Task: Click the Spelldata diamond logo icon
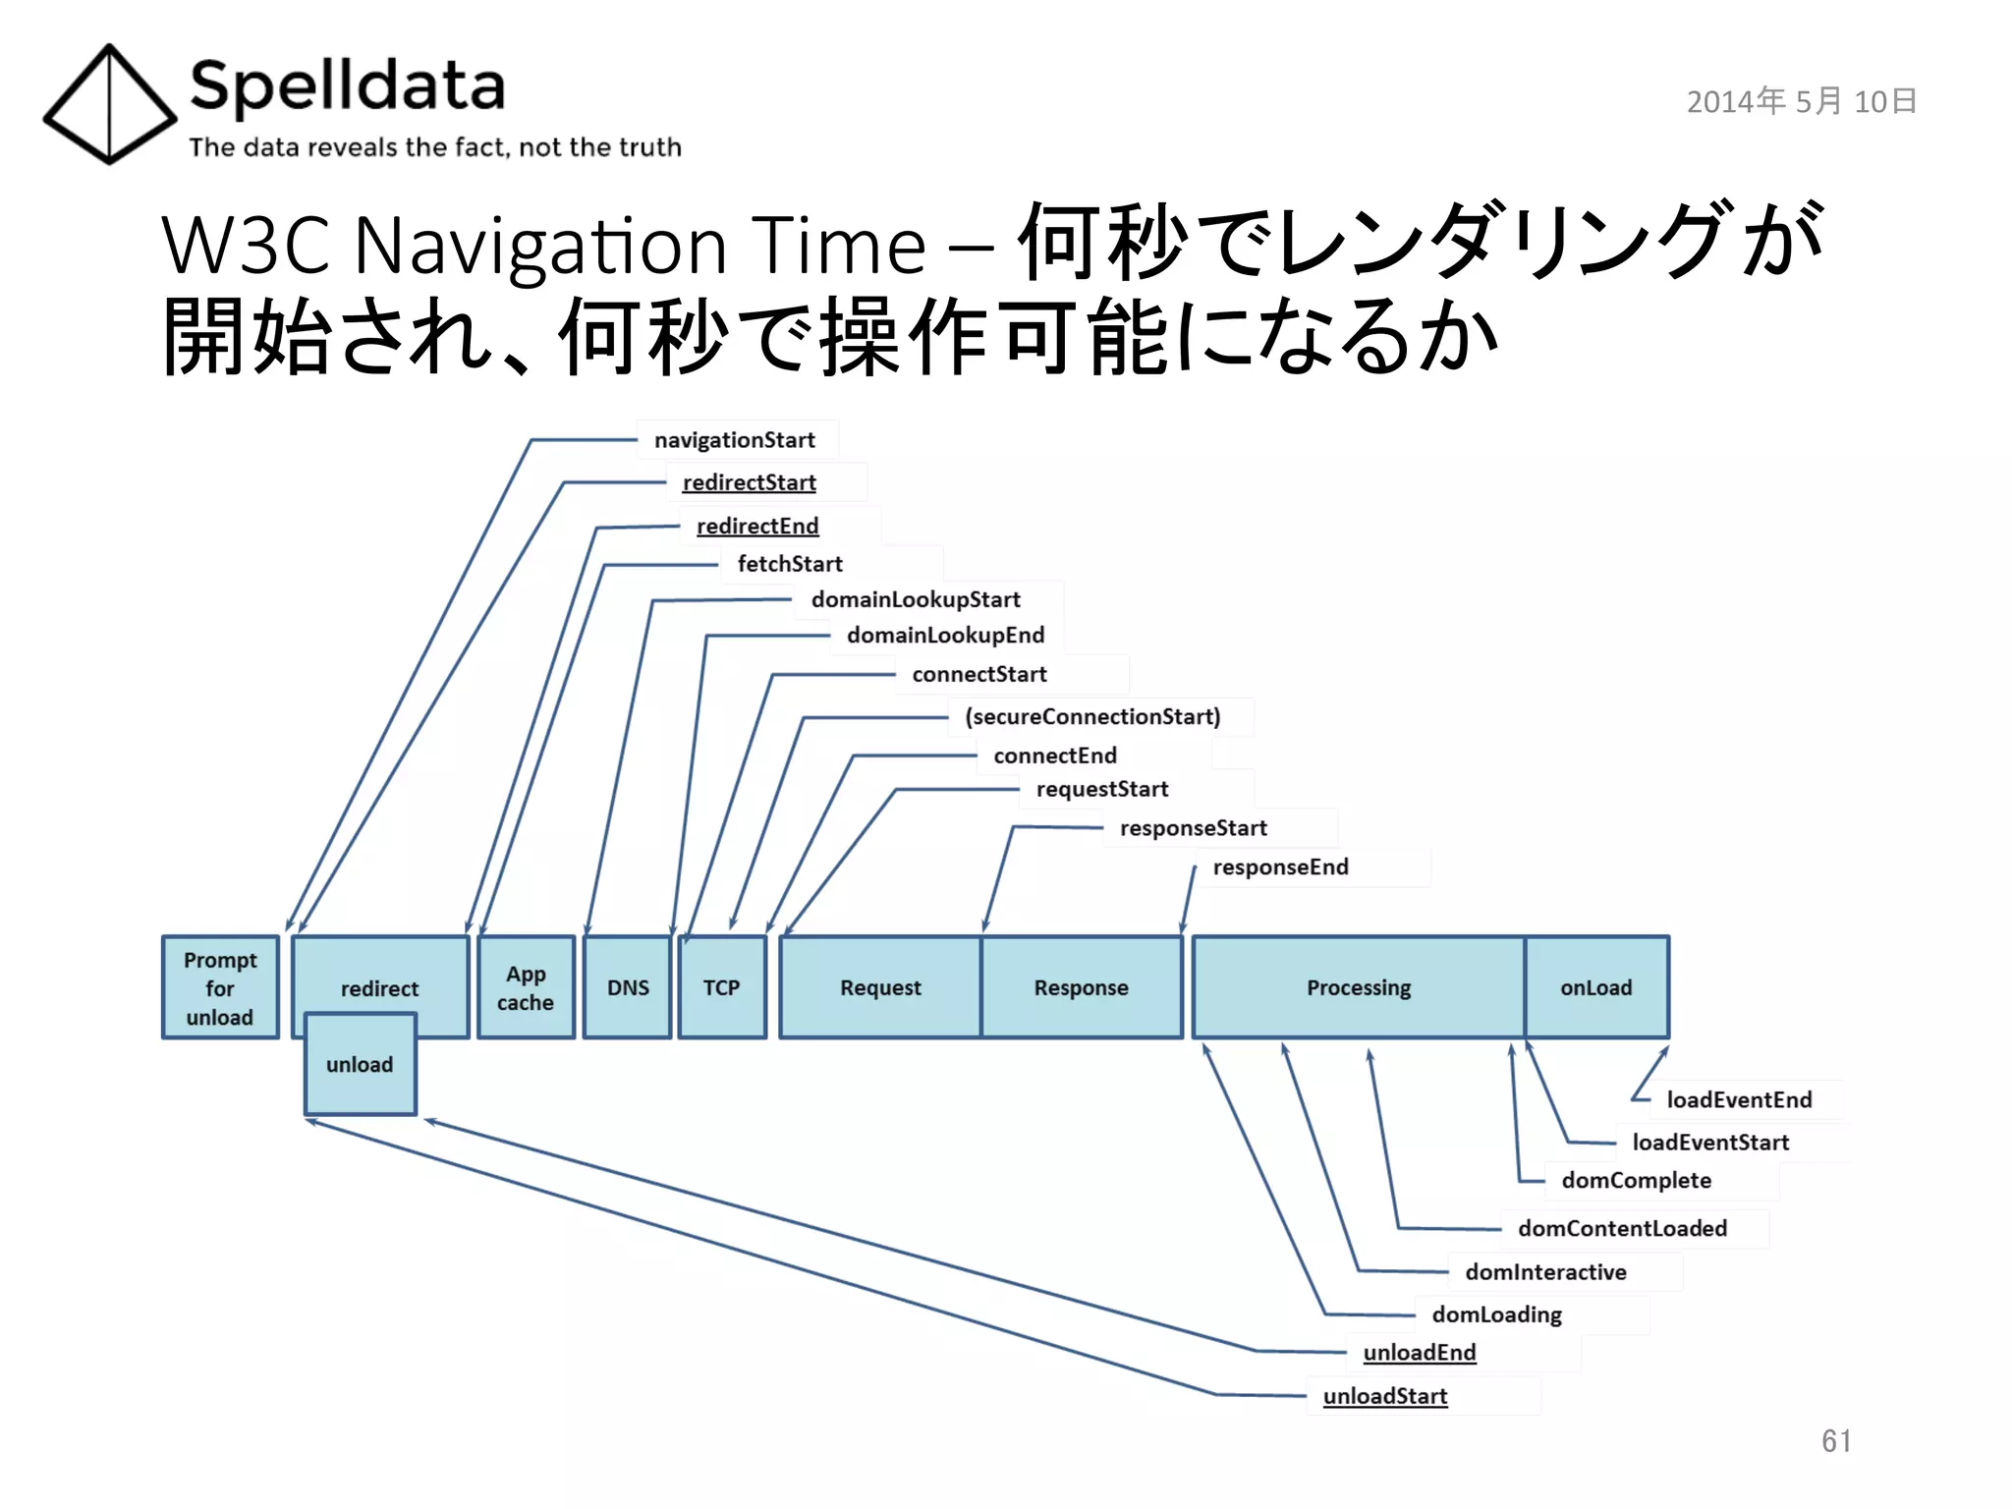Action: pos(109,104)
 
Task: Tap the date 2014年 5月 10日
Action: pos(1801,101)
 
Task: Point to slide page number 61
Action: pos(1835,1440)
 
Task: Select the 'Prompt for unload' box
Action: pos(220,987)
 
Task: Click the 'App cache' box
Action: pos(526,987)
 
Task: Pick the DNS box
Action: pos(628,987)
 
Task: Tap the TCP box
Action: pos(721,987)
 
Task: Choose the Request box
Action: pos(880,987)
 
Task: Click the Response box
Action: pos(1081,987)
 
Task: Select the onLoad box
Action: pos(1595,987)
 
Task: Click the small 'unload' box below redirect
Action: pos(360,1065)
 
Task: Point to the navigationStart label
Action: pos(734,440)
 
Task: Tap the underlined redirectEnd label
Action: pos(756,527)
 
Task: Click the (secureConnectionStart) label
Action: pos(1092,716)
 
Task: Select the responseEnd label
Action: pos(1280,866)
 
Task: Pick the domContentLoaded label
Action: pos(1622,1228)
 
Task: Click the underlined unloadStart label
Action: pos(1384,1396)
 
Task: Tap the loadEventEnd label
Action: pos(1739,1099)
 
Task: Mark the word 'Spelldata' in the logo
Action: pos(347,86)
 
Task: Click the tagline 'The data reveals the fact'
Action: pos(434,147)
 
